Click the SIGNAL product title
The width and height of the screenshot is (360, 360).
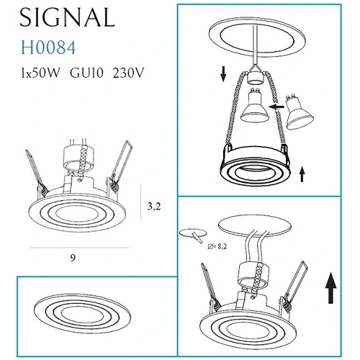pyautogui.click(x=67, y=17)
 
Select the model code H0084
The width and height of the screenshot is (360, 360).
pyautogui.click(x=48, y=48)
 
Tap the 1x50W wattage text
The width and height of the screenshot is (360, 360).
pyautogui.click(x=40, y=73)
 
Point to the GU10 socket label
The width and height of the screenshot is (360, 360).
pyautogui.click(x=86, y=73)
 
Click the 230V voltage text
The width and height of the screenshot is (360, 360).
pyautogui.click(x=128, y=73)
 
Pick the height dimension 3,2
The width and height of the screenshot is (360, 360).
pyautogui.click(x=154, y=206)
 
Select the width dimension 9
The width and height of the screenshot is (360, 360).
pyautogui.click(x=73, y=258)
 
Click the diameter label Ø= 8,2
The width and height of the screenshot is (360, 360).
pyautogui.click(x=217, y=246)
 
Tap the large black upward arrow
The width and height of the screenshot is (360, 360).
pyautogui.click(x=331, y=288)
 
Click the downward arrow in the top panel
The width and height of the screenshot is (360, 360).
pyautogui.click(x=223, y=74)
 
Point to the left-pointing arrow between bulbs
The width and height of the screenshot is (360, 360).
pyautogui.click(x=276, y=107)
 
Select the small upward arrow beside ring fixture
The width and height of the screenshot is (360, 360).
pyautogui.click(x=302, y=174)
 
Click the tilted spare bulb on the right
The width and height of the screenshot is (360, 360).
pyautogui.click(x=300, y=113)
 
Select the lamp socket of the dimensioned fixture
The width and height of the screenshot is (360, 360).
pyautogui.click(x=78, y=158)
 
